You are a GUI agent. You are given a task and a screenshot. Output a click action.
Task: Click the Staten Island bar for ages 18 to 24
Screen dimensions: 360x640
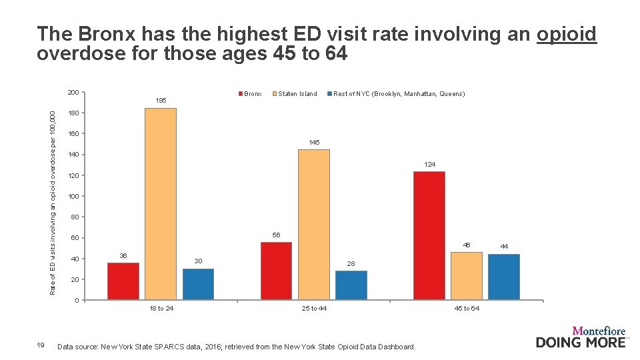(161, 203)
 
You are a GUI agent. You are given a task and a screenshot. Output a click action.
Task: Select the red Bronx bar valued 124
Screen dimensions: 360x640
(429, 235)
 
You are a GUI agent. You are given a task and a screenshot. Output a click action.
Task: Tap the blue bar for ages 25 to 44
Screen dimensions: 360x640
(351, 285)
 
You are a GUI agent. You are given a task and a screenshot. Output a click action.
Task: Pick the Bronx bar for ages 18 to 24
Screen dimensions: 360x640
(123, 281)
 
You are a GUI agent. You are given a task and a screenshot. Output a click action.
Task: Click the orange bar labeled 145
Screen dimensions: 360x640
(313, 225)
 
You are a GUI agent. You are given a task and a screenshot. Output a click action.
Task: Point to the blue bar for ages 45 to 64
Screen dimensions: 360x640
(504, 277)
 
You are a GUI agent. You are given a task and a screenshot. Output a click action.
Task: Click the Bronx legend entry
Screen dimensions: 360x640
(249, 94)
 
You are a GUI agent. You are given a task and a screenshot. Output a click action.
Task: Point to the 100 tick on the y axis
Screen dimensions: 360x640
(73, 197)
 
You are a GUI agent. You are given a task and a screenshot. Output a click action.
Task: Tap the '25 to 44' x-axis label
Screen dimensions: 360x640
(314, 308)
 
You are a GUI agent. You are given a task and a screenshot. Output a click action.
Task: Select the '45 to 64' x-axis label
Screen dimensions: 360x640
(467, 308)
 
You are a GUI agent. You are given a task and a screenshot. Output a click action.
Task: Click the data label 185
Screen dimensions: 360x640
(161, 101)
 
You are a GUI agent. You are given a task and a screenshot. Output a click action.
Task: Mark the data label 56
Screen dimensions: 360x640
(276, 235)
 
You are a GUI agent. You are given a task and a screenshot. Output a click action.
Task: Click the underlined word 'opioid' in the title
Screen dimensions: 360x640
(566, 35)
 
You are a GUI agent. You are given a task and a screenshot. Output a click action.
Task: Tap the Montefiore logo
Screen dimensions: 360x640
(581, 337)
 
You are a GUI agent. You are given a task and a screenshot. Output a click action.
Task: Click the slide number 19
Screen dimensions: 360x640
(41, 345)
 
